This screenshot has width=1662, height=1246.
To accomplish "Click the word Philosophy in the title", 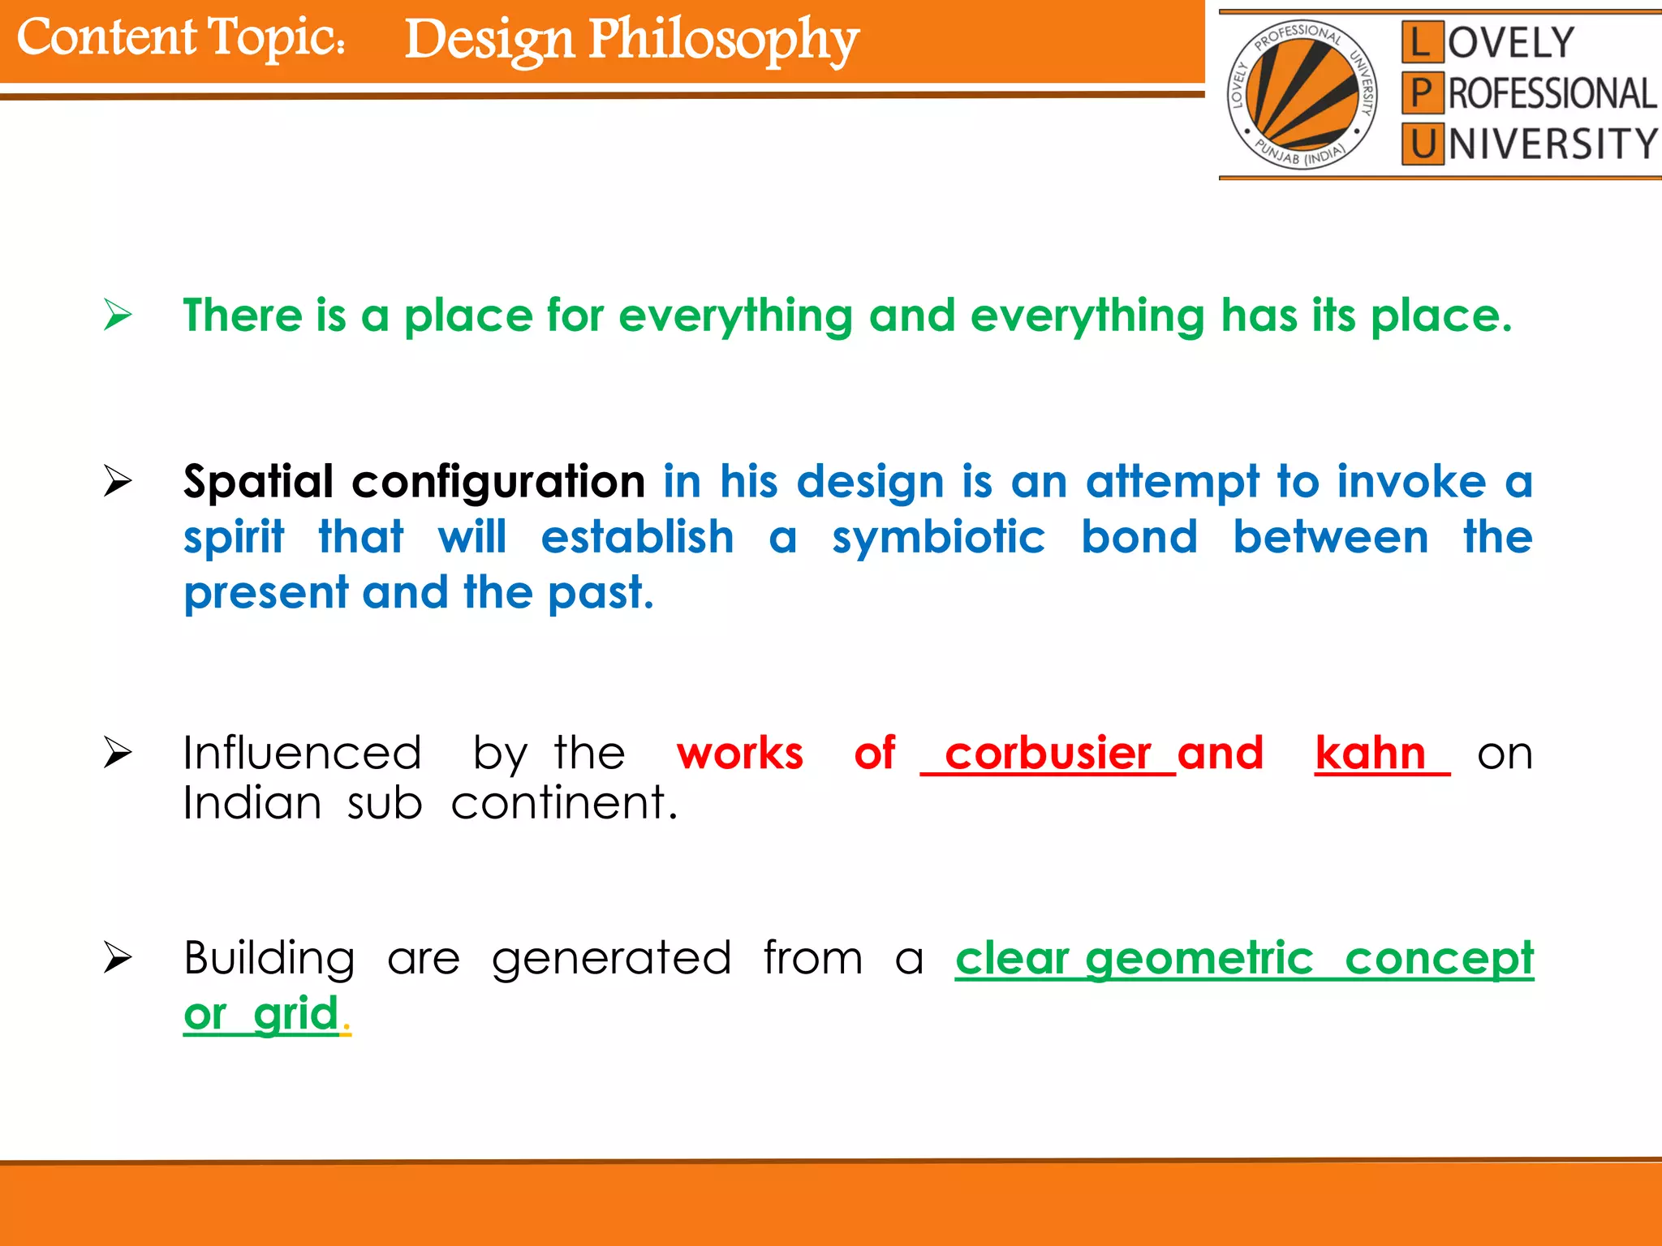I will click(722, 41).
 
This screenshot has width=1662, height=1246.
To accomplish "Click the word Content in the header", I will click(106, 37).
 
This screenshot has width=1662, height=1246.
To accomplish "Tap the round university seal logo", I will click(1302, 94).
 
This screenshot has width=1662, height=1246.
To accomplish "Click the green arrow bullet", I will click(118, 315).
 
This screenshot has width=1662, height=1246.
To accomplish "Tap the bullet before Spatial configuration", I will click(118, 482).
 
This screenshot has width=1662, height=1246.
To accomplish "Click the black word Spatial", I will click(258, 482).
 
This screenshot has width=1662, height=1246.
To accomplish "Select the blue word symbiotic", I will click(939, 538).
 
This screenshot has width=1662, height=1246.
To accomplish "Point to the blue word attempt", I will click(1173, 482).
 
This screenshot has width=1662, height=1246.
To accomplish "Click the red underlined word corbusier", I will click(1048, 754).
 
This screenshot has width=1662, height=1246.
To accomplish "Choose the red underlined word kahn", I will click(1371, 754).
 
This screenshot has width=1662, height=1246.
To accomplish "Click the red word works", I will click(739, 754).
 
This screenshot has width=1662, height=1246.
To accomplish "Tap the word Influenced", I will click(302, 754).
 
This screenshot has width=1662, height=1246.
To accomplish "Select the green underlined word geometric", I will click(1199, 959).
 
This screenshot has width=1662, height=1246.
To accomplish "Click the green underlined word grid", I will click(295, 1014).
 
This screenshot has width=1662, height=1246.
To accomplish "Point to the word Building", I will click(269, 959).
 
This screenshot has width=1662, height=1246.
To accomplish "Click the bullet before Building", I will click(118, 959).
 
